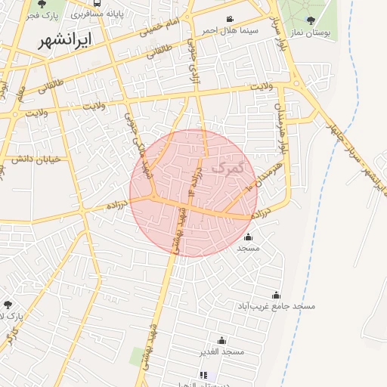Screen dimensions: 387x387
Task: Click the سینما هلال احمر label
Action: (230, 30)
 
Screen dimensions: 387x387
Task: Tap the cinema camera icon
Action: (230, 20)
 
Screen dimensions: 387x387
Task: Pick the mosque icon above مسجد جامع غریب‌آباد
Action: (277, 296)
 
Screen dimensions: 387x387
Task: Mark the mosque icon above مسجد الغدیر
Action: (221, 341)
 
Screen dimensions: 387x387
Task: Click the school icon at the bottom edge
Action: (203, 375)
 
